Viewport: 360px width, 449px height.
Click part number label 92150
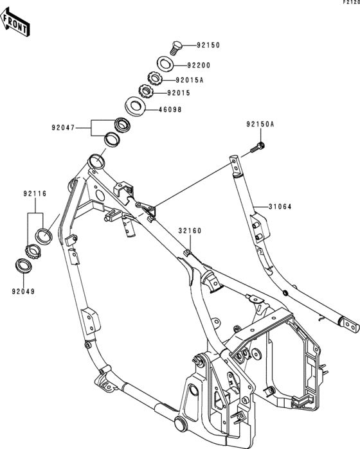[x=208, y=45]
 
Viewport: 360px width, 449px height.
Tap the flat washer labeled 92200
[x=165, y=64]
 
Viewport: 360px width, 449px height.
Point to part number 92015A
[x=190, y=80]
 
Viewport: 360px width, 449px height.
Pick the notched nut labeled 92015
[x=147, y=91]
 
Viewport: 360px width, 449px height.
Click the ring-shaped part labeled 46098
[x=135, y=106]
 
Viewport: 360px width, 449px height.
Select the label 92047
[x=63, y=127]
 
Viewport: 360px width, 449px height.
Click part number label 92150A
[x=260, y=124]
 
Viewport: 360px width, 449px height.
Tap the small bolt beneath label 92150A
[x=257, y=148]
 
